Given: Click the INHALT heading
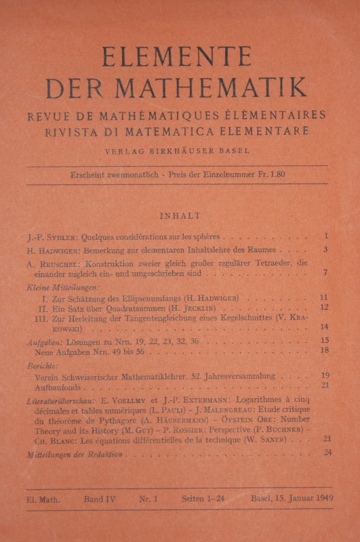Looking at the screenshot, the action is point(180,216).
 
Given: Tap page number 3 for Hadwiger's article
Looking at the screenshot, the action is point(325,250).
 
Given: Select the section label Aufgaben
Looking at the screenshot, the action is point(40,341).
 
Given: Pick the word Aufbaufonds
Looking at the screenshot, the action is point(62,385).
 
